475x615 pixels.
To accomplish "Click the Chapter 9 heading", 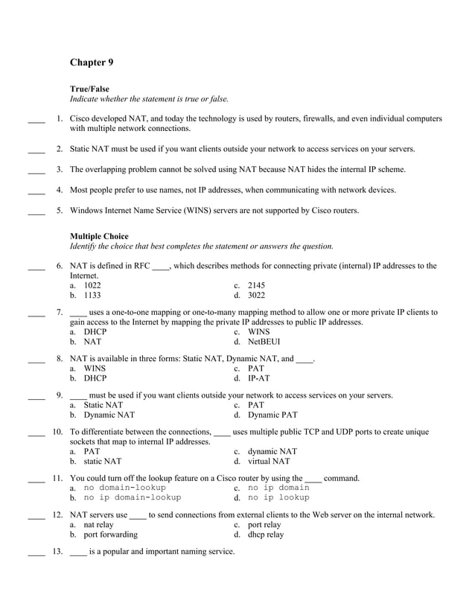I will pyautogui.click(x=92, y=62).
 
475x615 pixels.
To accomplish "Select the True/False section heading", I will pyautogui.click(x=89, y=89).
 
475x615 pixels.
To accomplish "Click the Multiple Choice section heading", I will pyautogui.click(x=99, y=236).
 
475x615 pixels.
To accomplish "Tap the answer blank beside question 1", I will pyautogui.click(x=36, y=118).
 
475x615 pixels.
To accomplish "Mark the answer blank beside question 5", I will pyautogui.click(x=36, y=211).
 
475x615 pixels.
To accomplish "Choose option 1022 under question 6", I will pyautogui.click(x=92, y=285).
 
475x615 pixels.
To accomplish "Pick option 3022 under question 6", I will pyautogui.click(x=256, y=295).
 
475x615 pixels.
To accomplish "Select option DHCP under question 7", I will pyautogui.click(x=95, y=332).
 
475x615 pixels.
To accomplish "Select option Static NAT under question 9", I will pyautogui.click(x=103, y=405).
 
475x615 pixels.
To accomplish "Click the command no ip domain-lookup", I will pyautogui.click(x=132, y=497).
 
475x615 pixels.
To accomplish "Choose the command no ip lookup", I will pyautogui.click(x=278, y=497).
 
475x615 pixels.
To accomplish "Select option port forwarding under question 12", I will pyautogui.click(x=110, y=534).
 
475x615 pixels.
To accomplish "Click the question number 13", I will pyautogui.click(x=57, y=552).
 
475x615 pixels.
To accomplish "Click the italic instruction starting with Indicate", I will pyautogui.click(x=149, y=98).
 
